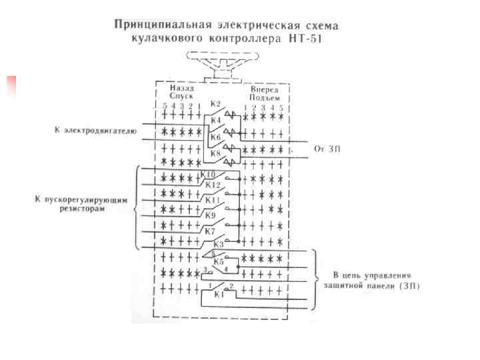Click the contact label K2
coord(215,104)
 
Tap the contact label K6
coord(215,137)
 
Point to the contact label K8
coord(215,153)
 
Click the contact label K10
coord(209,174)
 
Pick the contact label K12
coord(213,185)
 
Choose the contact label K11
coord(213,200)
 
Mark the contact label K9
coord(211,215)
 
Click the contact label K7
coord(210,231)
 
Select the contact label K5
coord(218,262)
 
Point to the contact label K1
coord(217,293)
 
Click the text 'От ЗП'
coord(328,149)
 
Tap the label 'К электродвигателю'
coord(95,131)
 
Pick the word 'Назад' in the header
coord(181,88)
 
